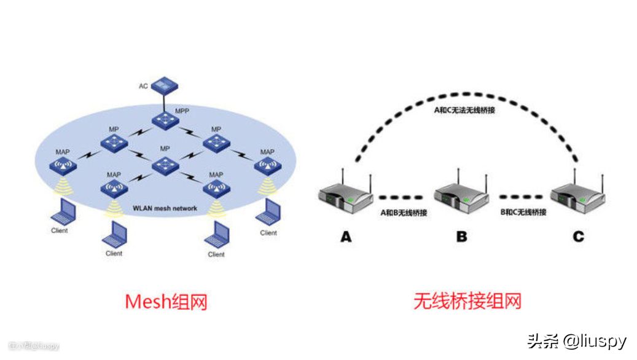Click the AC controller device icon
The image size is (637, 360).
(x=165, y=84)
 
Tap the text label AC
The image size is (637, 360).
(x=143, y=87)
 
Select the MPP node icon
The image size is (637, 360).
(x=165, y=120)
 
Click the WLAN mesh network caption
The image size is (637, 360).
(x=165, y=209)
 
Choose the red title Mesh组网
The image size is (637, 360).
(x=166, y=302)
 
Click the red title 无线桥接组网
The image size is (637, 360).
(x=467, y=302)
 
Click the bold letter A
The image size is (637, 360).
(x=346, y=237)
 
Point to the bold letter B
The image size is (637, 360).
(x=462, y=237)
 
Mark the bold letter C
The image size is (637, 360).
(x=578, y=237)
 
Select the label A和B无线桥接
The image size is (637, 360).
(x=404, y=213)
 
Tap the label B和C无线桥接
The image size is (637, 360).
(x=523, y=213)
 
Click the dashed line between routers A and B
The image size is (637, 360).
(x=401, y=198)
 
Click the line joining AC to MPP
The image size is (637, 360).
(x=165, y=100)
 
